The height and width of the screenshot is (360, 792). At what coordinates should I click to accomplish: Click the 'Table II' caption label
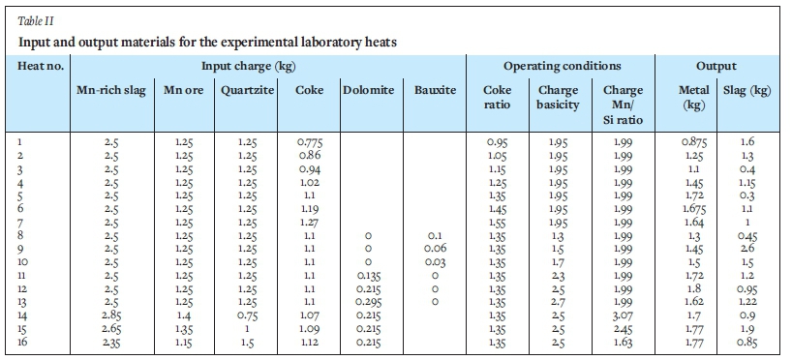(x=36, y=21)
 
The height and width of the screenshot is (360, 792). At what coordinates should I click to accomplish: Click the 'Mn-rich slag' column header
(x=111, y=90)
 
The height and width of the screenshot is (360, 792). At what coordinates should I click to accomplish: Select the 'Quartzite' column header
(x=248, y=90)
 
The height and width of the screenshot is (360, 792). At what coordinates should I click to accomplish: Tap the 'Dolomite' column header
(x=369, y=90)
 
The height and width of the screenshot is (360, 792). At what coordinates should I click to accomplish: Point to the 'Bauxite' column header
(x=435, y=90)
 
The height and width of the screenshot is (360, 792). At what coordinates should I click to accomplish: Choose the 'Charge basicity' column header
(x=558, y=98)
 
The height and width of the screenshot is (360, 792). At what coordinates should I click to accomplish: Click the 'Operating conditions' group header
(x=562, y=66)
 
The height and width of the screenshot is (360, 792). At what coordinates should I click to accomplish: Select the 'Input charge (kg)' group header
(x=249, y=66)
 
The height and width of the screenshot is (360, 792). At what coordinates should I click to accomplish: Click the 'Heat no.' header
(x=41, y=66)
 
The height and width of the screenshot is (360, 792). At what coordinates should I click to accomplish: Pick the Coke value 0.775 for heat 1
(x=309, y=142)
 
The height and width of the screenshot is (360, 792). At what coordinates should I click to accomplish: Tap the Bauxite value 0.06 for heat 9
(x=435, y=249)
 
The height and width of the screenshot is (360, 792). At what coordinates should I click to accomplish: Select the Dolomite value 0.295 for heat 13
(x=368, y=302)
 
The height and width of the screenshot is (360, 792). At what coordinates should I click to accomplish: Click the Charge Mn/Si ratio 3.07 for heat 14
(x=623, y=315)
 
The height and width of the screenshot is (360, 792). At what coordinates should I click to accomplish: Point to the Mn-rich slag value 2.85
(x=111, y=315)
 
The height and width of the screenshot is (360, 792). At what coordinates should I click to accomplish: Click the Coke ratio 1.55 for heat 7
(x=497, y=223)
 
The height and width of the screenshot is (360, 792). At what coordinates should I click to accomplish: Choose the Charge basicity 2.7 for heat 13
(x=558, y=302)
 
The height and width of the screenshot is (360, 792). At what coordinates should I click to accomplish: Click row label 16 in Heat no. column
(x=22, y=343)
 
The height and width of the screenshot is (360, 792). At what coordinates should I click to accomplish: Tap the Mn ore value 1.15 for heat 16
(x=183, y=343)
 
